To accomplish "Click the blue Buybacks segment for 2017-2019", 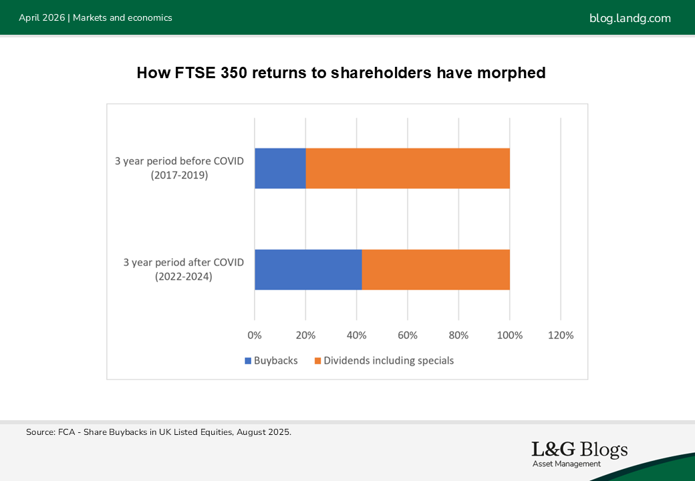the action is pyautogui.click(x=280, y=168).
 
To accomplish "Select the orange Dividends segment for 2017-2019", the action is pyautogui.click(x=408, y=168).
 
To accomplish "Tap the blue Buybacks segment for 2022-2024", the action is pyautogui.click(x=309, y=270).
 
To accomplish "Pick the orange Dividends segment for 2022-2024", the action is pyautogui.click(x=436, y=270).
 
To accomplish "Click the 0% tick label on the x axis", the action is pyautogui.click(x=255, y=335).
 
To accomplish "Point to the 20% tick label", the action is pyautogui.click(x=305, y=335).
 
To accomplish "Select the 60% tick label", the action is pyautogui.click(x=408, y=335).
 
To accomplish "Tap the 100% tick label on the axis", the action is pyautogui.click(x=510, y=335).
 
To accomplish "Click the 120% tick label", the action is pyautogui.click(x=561, y=335).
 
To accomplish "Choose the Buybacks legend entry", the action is pyautogui.click(x=271, y=361).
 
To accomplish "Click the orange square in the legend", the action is pyautogui.click(x=317, y=361).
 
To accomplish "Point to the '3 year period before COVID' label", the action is pyautogui.click(x=180, y=161).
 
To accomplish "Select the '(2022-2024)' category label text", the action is pyautogui.click(x=184, y=277).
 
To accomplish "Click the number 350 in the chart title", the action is pyautogui.click(x=234, y=73).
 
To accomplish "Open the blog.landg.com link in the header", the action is pyautogui.click(x=630, y=18).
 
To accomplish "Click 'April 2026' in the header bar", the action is pyautogui.click(x=41, y=18).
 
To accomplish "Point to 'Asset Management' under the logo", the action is pyautogui.click(x=567, y=464).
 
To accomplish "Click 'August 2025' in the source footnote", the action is pyautogui.click(x=263, y=432).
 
